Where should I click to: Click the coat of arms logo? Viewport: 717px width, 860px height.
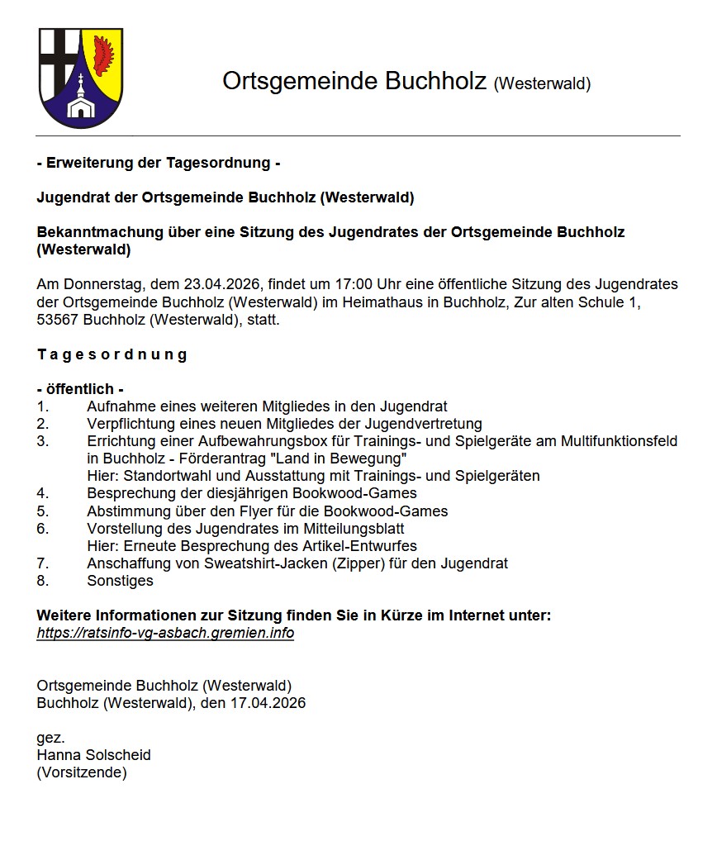pos(81,78)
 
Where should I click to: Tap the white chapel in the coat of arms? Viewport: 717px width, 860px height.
pos(81,102)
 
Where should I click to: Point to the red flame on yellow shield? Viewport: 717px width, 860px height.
pos(103,55)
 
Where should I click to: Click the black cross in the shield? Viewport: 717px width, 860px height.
pos(59,57)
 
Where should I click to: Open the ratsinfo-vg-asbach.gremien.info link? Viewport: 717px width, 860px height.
pos(165,633)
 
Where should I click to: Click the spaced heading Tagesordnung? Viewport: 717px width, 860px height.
pos(112,354)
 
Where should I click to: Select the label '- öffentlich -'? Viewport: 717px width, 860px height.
pos(80,389)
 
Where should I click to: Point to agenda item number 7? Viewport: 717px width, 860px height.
pos(43,563)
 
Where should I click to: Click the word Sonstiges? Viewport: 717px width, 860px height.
pos(120,581)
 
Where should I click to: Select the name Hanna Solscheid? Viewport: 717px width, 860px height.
pos(93,755)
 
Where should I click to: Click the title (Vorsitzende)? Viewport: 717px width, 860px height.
pos(82,772)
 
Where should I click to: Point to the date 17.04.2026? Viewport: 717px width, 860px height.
pos(268,703)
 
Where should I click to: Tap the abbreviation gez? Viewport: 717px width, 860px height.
pos(50,738)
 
